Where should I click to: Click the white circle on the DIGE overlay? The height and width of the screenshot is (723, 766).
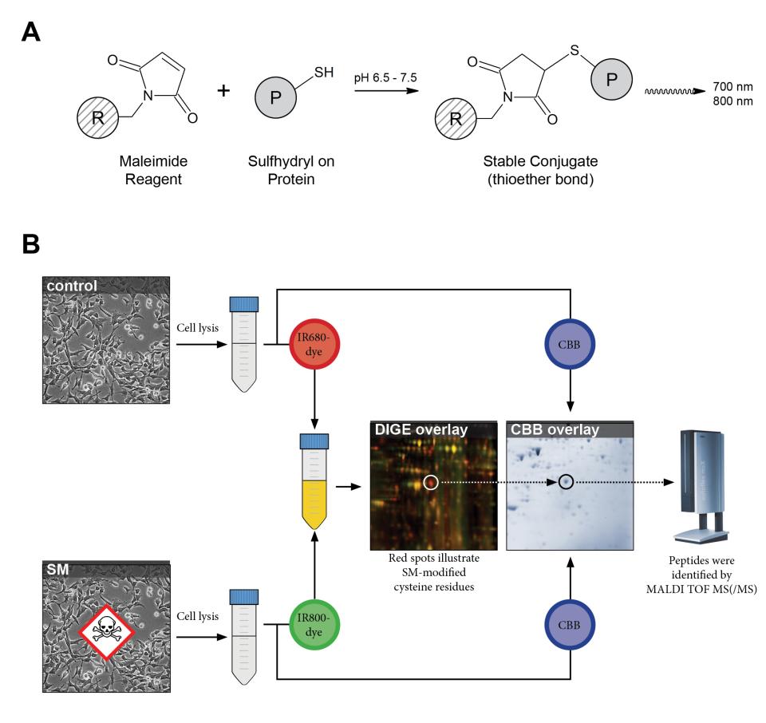[431, 482]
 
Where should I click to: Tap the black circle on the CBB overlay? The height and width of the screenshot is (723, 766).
[566, 482]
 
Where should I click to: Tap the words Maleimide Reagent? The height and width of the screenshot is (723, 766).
[149, 170]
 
